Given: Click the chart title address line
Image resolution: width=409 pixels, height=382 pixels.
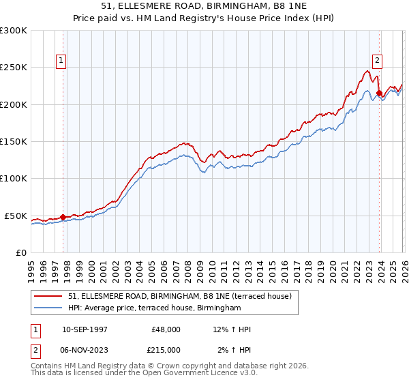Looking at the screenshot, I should pos(204,6).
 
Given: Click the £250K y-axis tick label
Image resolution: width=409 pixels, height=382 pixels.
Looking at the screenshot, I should pos(13,68).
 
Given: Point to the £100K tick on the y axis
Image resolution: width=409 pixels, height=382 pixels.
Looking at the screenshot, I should pos(13,179).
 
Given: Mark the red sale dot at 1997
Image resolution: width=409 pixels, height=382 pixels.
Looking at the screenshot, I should pos(63,217).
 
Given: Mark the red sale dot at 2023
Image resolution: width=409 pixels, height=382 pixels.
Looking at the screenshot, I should pos(379,93).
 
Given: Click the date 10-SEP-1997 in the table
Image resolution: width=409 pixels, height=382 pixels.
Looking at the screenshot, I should pos(85,329).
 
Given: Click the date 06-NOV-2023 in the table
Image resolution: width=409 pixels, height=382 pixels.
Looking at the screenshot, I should pos(85,350).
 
